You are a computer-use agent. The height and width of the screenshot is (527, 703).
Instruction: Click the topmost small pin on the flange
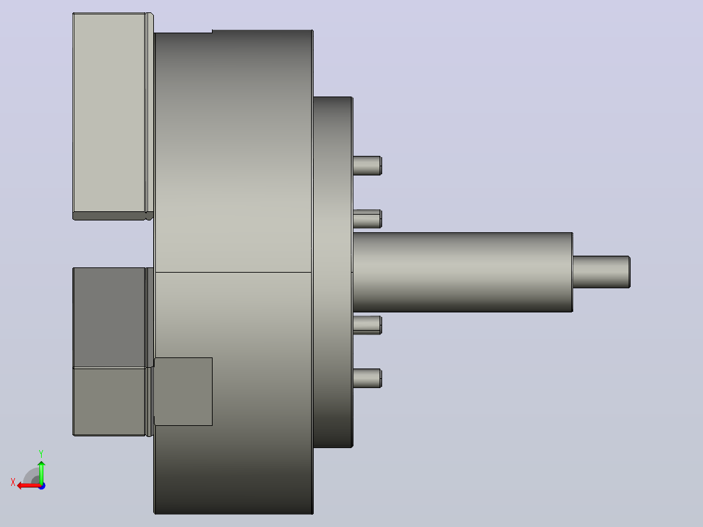click(x=367, y=166)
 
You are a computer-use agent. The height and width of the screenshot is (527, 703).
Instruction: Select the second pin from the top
click(x=367, y=219)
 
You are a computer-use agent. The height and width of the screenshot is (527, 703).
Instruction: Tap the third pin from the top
click(x=367, y=325)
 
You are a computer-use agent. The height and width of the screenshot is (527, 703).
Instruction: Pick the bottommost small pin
click(x=367, y=378)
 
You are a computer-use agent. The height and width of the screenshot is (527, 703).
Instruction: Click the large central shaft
click(x=463, y=272)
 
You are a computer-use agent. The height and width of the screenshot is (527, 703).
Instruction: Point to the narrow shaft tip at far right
click(x=602, y=272)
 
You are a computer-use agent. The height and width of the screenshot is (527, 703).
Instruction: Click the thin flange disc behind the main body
click(x=333, y=272)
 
